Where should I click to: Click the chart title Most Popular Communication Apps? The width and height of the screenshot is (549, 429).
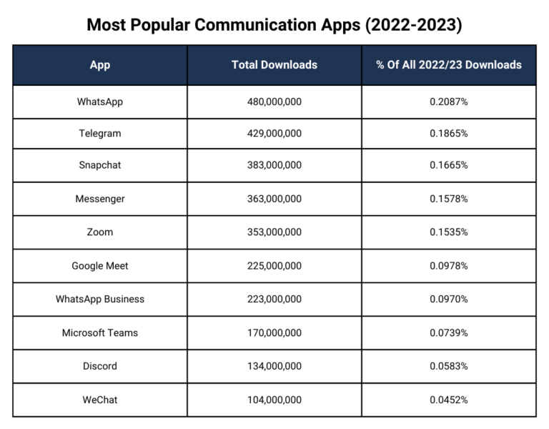274,24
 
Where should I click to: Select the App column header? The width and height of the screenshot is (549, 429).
100,64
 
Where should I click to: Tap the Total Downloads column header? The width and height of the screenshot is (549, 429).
274,64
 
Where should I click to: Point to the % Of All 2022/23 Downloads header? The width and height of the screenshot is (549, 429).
449,64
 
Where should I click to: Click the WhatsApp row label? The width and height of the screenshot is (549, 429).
100,102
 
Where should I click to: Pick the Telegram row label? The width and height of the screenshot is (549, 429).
100,133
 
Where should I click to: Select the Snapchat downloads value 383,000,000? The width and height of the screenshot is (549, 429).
274,165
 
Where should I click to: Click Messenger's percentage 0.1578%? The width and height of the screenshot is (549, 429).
449,199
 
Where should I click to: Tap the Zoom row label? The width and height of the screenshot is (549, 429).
100,232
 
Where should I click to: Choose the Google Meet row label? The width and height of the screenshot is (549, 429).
100,266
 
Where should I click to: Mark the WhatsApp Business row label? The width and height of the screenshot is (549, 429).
100,299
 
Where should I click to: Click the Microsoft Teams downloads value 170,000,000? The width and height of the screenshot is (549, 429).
274,332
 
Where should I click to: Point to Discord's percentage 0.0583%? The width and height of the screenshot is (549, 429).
449,366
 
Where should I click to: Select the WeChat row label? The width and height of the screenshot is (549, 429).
100,400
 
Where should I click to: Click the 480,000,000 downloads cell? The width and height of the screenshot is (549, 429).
274,102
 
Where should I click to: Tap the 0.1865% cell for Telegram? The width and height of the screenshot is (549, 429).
449,133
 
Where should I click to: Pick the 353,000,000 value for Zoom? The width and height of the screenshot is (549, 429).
274,232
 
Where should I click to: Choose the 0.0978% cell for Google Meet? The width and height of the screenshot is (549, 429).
449,266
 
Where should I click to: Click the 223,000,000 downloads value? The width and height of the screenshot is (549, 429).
274,299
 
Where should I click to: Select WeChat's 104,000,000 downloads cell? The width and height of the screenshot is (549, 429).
274,400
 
